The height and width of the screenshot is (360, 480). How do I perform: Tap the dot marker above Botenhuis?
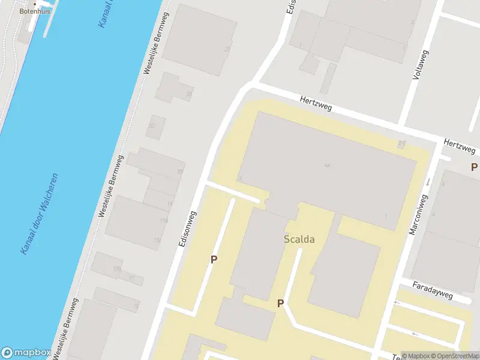point(34,4)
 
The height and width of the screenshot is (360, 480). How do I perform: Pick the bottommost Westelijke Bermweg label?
point(65,329)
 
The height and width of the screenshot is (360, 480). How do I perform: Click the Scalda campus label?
point(299,239)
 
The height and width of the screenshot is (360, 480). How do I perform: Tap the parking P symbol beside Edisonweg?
point(213,260)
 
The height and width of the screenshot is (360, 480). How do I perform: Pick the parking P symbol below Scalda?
point(280,304)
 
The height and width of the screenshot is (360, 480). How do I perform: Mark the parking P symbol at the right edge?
point(473,167)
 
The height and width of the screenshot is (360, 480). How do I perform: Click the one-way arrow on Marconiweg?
point(428,181)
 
